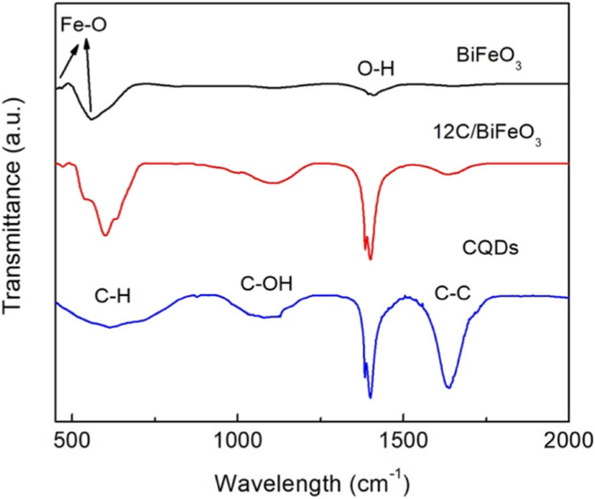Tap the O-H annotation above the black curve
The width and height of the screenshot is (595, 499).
tap(376, 67)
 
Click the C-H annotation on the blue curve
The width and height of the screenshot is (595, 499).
tap(113, 296)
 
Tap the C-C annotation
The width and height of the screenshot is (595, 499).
tap(452, 296)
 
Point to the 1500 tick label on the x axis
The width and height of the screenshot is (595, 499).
tap(402, 439)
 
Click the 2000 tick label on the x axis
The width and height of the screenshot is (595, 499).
tap(567, 439)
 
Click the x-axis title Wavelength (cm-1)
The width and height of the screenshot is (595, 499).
tap(310, 479)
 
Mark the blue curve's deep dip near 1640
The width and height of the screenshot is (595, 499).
tap(448, 387)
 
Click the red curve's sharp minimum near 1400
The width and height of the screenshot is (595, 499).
tap(370, 259)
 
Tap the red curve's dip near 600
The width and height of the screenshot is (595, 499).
tap(105, 235)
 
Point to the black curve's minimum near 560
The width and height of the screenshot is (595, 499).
tap(91, 119)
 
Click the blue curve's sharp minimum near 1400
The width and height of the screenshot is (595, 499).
tap(370, 397)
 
